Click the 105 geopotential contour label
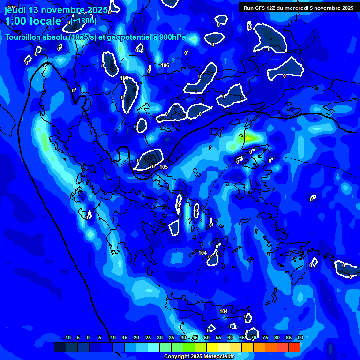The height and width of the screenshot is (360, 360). click(x=164, y=167)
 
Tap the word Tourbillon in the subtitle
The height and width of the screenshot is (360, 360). click(x=23, y=37)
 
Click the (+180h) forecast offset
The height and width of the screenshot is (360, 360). click(x=84, y=21)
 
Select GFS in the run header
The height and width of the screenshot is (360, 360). click(x=260, y=8)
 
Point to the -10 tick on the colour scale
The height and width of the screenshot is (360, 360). click(x=67, y=337)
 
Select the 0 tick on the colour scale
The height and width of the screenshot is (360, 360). click(x=88, y=337)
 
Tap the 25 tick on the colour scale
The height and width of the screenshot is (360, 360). click(x=148, y=337)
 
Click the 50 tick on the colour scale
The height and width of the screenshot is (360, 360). click(x=207, y=337)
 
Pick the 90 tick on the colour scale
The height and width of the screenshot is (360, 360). click(x=300, y=337)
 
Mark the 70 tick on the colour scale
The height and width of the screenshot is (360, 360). click(x=254, y=337)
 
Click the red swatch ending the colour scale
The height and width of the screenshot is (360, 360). click(x=294, y=347)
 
